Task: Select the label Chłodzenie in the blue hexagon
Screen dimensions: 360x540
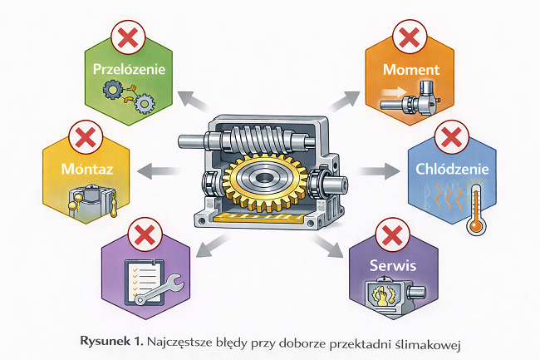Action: tap(452, 170)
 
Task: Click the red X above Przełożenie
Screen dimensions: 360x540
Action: tap(128, 37)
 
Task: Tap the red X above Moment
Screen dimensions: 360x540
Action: tap(408, 37)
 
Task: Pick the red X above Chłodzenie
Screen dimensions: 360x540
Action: tap(452, 136)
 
